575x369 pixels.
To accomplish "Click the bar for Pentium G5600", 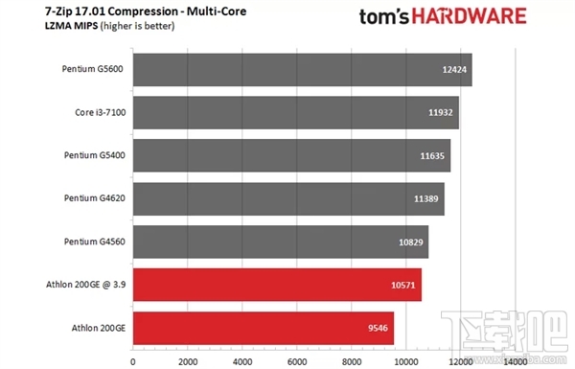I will tap(302, 69).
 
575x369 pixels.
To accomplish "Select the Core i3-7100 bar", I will tap(295, 112).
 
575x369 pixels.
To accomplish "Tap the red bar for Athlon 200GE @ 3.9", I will tap(277, 285).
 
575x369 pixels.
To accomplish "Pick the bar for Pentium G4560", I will tap(280, 242).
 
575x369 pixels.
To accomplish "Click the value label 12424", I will tap(453, 70).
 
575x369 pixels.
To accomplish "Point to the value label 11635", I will tap(432, 155).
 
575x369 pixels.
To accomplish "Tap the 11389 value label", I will tap(426, 198).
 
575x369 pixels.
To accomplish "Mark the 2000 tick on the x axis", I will tap(187, 361).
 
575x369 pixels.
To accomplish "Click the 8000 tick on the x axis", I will tap(352, 361).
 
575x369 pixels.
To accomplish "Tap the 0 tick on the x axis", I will tap(132, 361).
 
